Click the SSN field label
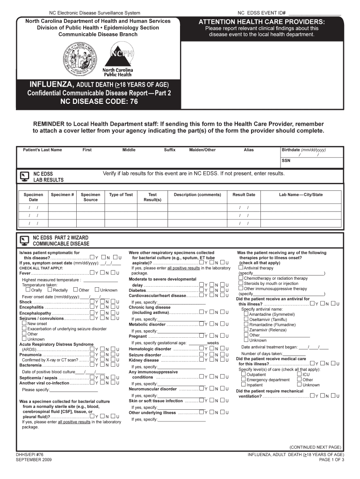click(286, 160)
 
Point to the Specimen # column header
click(63, 195)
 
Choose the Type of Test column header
click(121, 195)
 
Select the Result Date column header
click(244, 195)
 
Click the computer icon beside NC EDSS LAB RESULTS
click(23, 176)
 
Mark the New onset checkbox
click(24, 323)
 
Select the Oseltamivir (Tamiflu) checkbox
click(245, 319)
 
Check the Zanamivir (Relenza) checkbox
click(245, 330)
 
